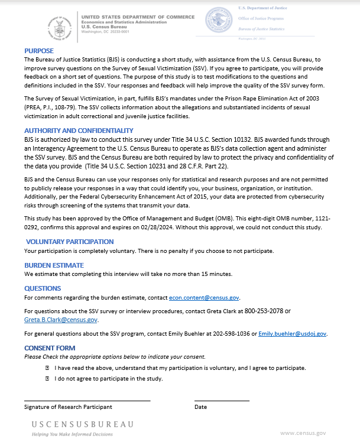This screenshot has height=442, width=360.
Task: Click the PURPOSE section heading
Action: [39, 51]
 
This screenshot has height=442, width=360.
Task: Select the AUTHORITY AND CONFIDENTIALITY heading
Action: [79, 131]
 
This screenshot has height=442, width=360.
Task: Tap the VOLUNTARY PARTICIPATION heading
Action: [70, 242]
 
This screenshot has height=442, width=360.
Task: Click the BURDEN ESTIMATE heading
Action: [54, 265]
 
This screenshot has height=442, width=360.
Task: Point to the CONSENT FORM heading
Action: [50, 348]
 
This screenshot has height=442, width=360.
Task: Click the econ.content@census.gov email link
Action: [204, 297]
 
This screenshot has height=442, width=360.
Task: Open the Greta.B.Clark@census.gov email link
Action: [61, 320]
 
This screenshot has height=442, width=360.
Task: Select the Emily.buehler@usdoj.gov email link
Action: [293, 334]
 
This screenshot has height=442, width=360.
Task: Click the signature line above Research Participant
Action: [87, 401]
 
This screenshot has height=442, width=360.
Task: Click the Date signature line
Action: [222, 401]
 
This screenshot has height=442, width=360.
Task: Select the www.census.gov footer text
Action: [303, 433]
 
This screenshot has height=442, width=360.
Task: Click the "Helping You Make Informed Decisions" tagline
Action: [72, 434]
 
